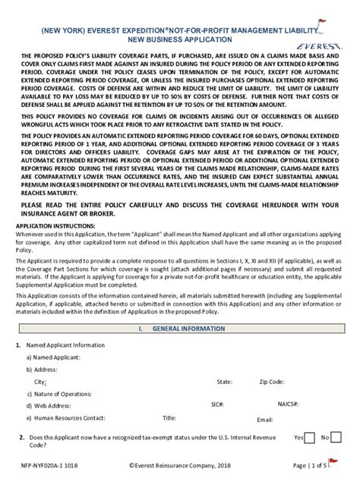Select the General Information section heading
(x=180, y=329)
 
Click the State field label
(x=224, y=382)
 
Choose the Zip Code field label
(x=272, y=382)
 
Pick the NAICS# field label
(x=288, y=405)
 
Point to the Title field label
(x=169, y=417)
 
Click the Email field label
(x=265, y=420)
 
